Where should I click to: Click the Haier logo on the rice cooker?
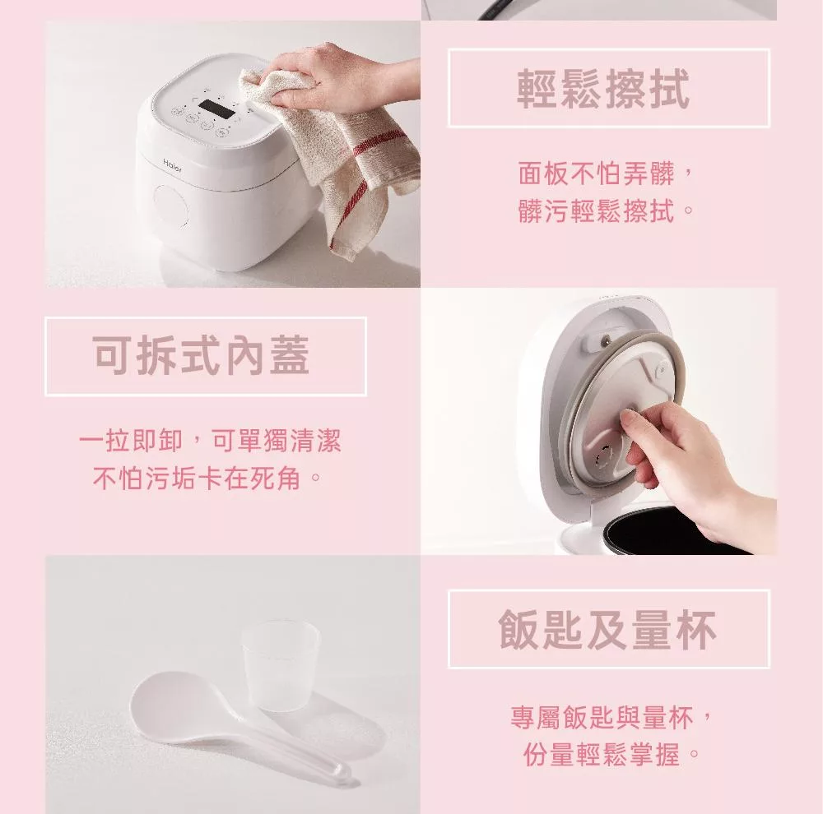pyautogui.click(x=173, y=166)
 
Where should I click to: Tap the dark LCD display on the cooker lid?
pyautogui.click(x=216, y=106)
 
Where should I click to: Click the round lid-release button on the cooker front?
pyautogui.click(x=170, y=206)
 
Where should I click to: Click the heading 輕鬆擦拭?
pyautogui.click(x=603, y=89)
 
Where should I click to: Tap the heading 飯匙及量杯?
pyautogui.click(x=608, y=629)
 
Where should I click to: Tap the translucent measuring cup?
pyautogui.click(x=281, y=665)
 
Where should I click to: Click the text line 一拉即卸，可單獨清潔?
pyautogui.click(x=210, y=440)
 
